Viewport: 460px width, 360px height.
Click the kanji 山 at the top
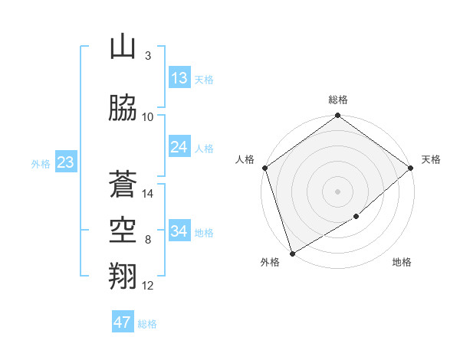(x=123, y=47)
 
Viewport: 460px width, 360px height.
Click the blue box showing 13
(x=179, y=78)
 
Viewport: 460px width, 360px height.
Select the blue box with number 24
(x=179, y=147)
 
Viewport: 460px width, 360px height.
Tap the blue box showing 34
(x=179, y=231)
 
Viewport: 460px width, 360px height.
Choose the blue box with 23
(x=65, y=162)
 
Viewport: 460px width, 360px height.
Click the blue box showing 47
(x=123, y=322)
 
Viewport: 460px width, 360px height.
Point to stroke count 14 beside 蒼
(x=149, y=194)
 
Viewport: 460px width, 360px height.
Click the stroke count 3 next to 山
(x=148, y=56)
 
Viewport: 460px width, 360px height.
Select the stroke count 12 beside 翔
(x=149, y=286)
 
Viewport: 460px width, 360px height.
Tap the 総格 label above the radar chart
(x=338, y=100)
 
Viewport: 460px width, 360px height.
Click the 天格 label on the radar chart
(x=431, y=159)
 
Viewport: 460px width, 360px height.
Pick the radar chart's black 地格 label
(x=402, y=262)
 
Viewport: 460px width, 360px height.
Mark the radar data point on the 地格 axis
(x=356, y=218)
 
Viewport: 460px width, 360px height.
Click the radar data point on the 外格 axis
(x=291, y=254)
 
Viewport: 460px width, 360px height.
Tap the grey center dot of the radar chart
(x=337, y=191)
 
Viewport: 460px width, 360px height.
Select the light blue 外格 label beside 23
(x=41, y=163)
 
